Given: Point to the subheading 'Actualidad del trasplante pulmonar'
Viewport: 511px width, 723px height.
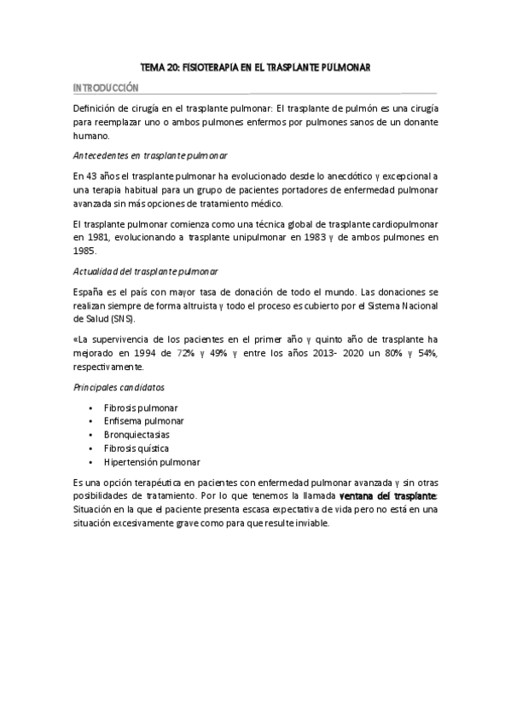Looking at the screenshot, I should [151, 271].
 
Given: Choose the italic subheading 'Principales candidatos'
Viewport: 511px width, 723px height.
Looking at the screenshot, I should [118, 387].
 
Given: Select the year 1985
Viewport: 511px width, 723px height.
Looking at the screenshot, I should [84, 252].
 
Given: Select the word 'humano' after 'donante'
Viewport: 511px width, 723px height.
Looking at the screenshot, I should [92, 136].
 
